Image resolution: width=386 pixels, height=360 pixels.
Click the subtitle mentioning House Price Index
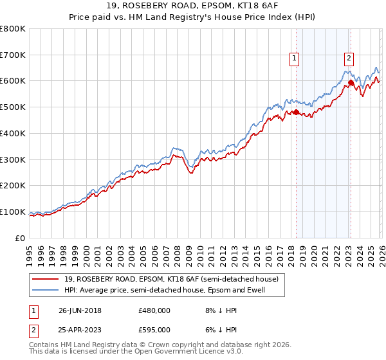click(x=192, y=18)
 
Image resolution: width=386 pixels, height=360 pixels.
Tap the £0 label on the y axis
click(x=21, y=238)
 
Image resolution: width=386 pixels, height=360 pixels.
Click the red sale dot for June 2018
click(x=296, y=113)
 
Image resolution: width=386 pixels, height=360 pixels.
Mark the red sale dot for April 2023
click(x=351, y=82)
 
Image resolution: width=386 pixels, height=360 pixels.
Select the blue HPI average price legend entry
click(x=164, y=291)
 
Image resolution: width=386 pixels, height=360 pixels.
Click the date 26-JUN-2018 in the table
click(x=80, y=310)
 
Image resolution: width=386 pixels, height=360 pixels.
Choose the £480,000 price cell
click(x=154, y=310)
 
